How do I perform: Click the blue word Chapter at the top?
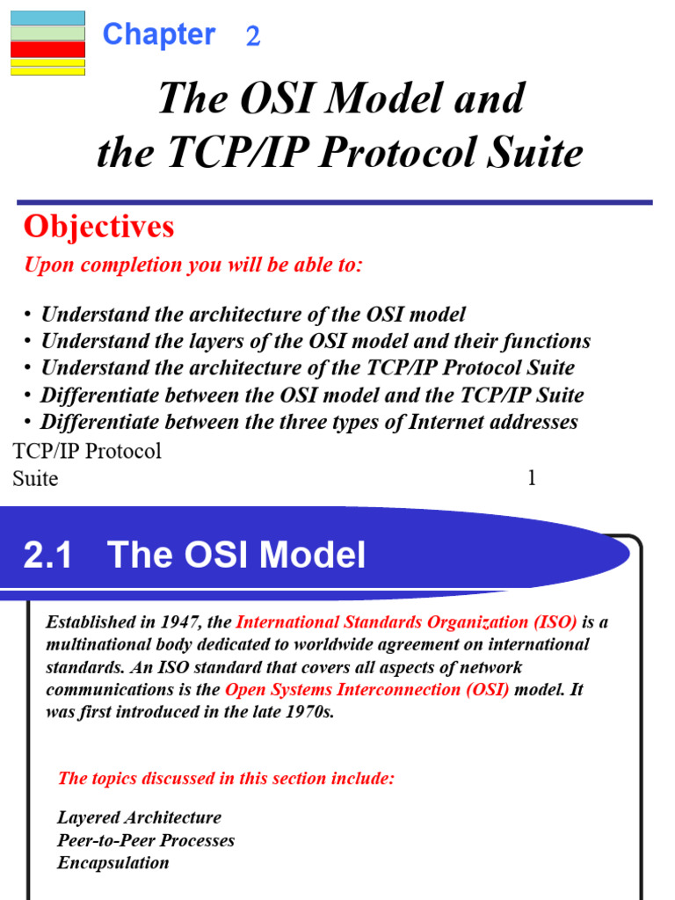tap(158, 34)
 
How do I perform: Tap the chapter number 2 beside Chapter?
tap(253, 36)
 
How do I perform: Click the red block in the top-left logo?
tap(47, 50)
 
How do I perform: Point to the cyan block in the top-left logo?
tap(47, 18)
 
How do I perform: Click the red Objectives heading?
tap(98, 227)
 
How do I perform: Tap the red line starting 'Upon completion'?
tap(192, 265)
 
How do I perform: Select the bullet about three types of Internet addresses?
tap(308, 422)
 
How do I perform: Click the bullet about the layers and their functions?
tap(316, 341)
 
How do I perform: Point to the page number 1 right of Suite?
tap(531, 478)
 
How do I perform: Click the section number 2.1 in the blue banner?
tap(47, 555)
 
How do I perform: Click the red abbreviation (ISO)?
tap(555, 622)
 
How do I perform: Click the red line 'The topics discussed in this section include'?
tap(226, 778)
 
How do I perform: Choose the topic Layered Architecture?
tap(139, 818)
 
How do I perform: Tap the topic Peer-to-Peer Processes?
tap(146, 840)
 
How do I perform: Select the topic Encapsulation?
tap(113, 862)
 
